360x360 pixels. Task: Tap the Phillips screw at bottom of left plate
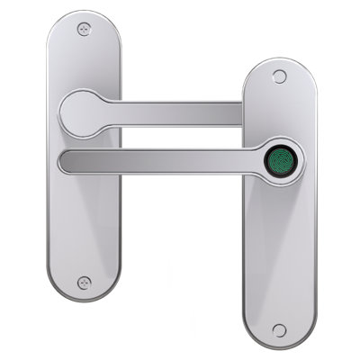(84, 282)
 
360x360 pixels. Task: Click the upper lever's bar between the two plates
(180, 113)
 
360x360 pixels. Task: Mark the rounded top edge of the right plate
(278, 59)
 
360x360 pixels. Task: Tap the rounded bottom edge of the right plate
(278, 346)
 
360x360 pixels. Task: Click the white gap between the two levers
(180, 139)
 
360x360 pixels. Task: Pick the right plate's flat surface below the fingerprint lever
(278, 252)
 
